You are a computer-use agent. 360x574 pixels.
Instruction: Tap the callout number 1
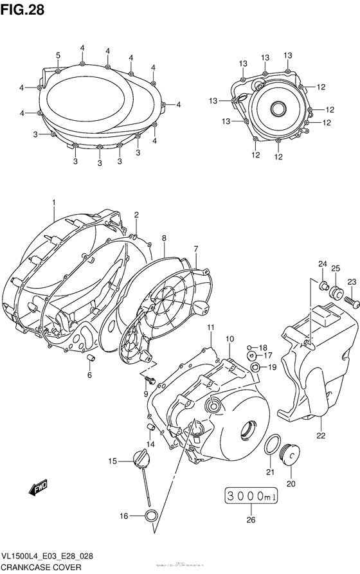tap(54, 202)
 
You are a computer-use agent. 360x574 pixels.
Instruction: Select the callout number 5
tap(58, 55)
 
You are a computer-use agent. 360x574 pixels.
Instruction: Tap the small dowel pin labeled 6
tap(91, 357)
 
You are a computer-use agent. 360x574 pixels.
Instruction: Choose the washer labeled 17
tap(253, 355)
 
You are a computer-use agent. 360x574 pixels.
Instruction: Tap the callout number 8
tap(164, 238)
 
